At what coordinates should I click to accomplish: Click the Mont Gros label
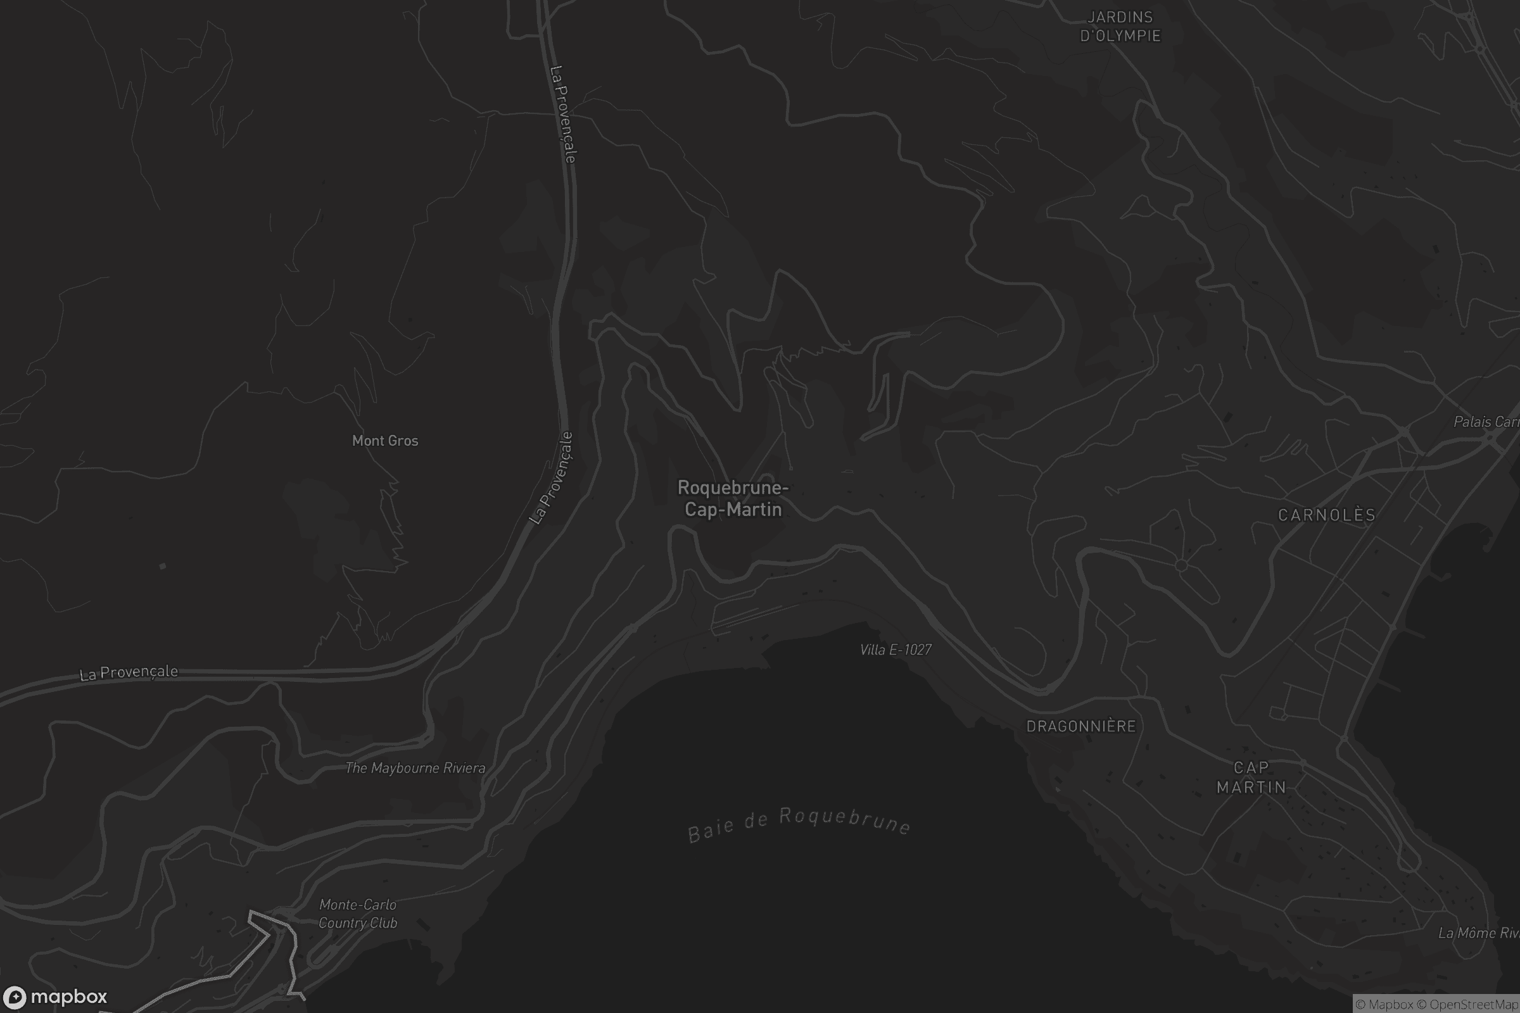(385, 441)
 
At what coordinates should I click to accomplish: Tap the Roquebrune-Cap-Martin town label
(733, 499)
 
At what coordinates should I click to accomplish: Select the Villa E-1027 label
(896, 650)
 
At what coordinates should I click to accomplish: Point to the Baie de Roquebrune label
(799, 824)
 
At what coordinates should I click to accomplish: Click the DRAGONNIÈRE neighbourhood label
(1081, 726)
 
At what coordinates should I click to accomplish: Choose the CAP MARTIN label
(1251, 777)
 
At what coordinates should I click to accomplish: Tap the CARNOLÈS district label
(1327, 515)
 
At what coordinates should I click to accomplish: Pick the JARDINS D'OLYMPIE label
(1120, 27)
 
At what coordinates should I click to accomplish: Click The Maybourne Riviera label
(415, 768)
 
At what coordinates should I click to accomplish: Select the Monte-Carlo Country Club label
(358, 914)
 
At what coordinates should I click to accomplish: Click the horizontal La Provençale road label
(129, 672)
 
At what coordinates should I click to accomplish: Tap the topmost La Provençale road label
(563, 115)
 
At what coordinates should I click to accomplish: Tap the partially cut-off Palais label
(1485, 422)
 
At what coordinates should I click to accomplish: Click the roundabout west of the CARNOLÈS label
(1181, 565)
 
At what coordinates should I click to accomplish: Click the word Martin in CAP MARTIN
(1251, 787)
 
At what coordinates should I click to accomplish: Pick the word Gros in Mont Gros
(403, 441)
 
